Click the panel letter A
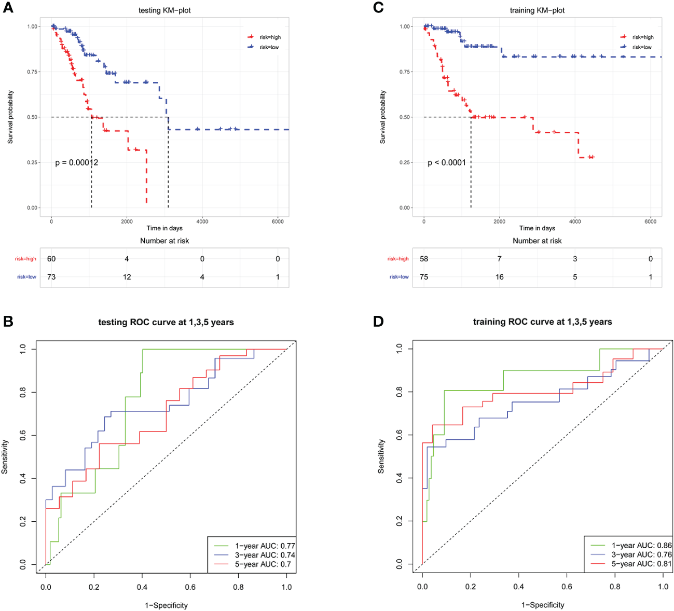coord(8,8)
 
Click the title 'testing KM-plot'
coord(164,10)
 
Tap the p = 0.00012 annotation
coord(77,162)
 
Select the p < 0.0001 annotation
coord(447,162)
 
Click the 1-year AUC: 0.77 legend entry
coord(265,546)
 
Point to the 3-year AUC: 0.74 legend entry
coord(265,555)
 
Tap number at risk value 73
coord(51,277)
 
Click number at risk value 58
coord(424,259)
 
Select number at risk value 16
coord(500,277)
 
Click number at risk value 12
coord(127,277)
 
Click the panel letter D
coord(378,322)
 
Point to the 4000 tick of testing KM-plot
coord(202,221)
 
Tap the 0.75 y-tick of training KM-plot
coord(405,72)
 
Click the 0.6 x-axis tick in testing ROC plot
coord(190,587)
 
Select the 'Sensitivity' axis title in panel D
coord(381,456)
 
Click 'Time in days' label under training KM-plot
coord(537,228)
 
